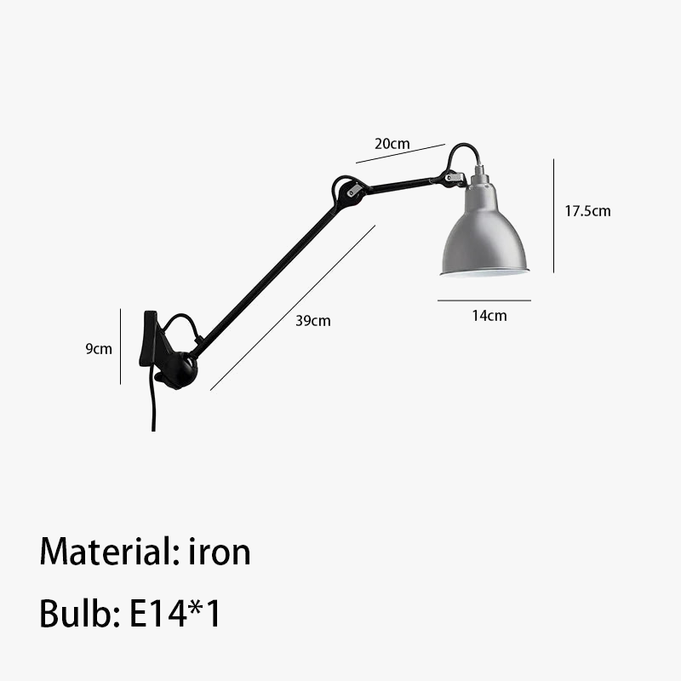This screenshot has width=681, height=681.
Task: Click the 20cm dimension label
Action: click(392, 144)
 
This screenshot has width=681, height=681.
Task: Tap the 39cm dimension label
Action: click(313, 321)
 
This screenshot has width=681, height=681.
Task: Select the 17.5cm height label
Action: click(587, 211)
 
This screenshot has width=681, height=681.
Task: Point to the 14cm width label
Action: click(489, 316)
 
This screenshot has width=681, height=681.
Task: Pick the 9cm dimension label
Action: click(99, 348)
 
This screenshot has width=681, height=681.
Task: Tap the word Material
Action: click(105, 552)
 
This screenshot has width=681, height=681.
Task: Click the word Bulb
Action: click(76, 613)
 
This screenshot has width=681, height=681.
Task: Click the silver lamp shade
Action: click(484, 230)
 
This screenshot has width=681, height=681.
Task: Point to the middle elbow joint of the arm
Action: click(349, 193)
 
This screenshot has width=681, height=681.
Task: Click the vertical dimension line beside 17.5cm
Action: click(554, 215)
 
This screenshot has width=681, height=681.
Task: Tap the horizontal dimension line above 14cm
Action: click(484, 300)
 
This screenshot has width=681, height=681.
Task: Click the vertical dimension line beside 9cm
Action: click(121, 346)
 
